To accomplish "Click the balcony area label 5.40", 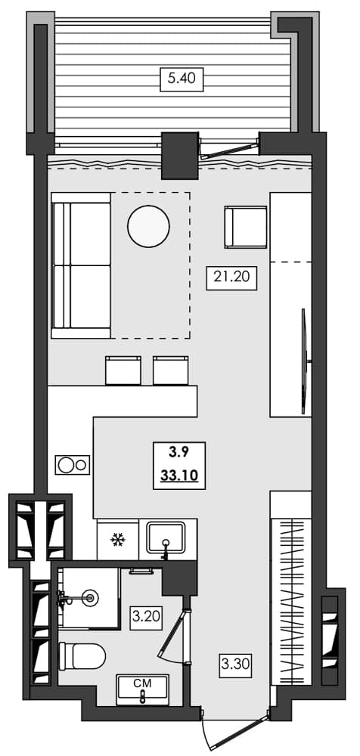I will [x=182, y=79].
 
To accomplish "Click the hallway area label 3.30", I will [x=235, y=665].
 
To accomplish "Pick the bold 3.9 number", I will [x=179, y=453].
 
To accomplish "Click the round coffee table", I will [x=149, y=225].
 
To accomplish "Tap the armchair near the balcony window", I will [x=246, y=227].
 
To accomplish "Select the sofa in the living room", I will [x=81, y=265].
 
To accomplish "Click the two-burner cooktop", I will [x=73, y=464].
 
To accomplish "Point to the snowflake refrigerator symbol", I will [x=117, y=539].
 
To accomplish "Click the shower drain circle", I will [x=92, y=598].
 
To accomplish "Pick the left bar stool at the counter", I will [x=123, y=370].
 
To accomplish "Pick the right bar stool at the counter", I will [x=169, y=370].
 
